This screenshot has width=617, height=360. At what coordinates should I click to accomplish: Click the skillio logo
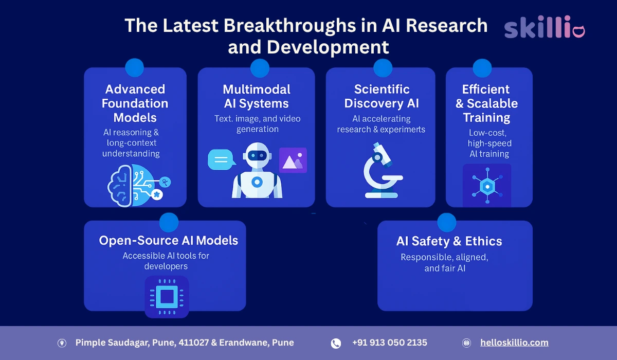coord(545,28)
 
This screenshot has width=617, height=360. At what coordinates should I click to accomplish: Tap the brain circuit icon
coord(137,185)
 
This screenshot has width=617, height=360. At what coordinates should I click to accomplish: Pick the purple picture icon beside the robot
coord(293,160)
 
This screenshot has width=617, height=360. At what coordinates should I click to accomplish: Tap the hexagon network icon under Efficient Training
coord(487,185)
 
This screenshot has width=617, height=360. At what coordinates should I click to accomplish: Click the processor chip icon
coord(167,296)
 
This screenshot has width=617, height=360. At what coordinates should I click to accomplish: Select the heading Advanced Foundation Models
coord(135,103)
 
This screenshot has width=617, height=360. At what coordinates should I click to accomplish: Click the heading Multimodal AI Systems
coord(257,96)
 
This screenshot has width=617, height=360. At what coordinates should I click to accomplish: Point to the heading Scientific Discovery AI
coord(382,96)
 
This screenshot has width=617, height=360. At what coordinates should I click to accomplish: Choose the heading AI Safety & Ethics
coord(449,241)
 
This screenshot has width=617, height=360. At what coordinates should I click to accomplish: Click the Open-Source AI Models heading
coord(169,240)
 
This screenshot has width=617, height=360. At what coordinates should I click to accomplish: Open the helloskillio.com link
coord(514,343)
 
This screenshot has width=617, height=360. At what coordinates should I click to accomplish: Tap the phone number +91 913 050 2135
coord(389,343)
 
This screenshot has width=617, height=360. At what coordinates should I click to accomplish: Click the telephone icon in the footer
coord(336,343)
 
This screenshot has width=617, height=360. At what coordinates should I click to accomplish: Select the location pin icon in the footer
coord(62,343)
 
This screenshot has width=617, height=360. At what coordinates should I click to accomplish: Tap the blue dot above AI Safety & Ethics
coord(447,222)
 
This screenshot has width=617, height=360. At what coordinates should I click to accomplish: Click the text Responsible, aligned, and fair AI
coord(445,262)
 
